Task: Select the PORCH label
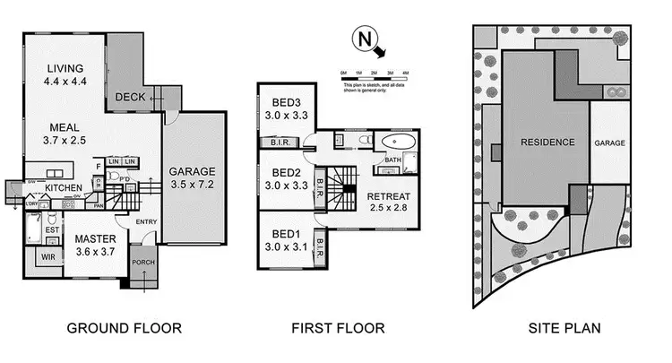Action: point(143,263)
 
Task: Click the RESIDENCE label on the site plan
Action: point(543,142)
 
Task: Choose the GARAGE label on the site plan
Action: point(610,143)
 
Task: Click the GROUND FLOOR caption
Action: point(124,328)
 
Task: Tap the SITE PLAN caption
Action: point(562,328)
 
